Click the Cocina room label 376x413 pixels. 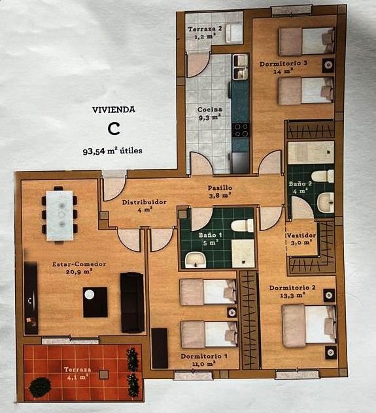coord(210,110)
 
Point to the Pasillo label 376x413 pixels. coord(221,188)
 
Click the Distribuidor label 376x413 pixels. coord(145,202)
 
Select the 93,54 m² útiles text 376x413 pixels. coord(112,151)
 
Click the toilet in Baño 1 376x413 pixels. coord(241,226)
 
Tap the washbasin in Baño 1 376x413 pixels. coord(194,260)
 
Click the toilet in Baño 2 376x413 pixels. coord(322,176)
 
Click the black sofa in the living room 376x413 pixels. coord(132,302)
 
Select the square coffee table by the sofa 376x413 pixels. coord(95,302)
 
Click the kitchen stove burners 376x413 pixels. coord(241,129)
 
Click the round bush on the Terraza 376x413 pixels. coord(40,387)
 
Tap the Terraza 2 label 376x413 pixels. coord(205,29)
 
